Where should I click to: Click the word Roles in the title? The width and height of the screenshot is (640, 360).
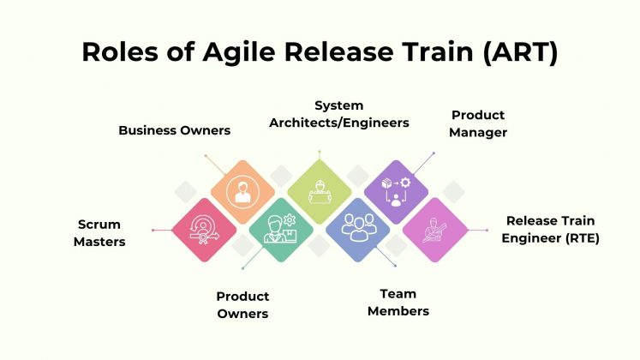tap(116, 51)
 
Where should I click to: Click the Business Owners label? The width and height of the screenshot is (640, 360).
tap(174, 130)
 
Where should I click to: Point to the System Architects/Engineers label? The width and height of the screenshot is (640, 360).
tap(338, 114)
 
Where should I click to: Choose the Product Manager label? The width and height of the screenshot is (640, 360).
tap(478, 123)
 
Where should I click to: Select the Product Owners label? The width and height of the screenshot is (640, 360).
tap(242, 305)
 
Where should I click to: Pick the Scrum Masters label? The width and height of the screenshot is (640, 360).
tap(99, 232)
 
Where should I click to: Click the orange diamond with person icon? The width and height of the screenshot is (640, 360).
tap(242, 191)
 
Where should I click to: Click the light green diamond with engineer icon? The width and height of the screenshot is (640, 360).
tap(320, 191)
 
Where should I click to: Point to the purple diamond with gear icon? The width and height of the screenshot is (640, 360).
tap(397, 191)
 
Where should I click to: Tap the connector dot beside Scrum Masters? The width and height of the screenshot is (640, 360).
tap(153, 230)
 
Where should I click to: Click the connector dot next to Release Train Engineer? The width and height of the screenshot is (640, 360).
tap(486, 230)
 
